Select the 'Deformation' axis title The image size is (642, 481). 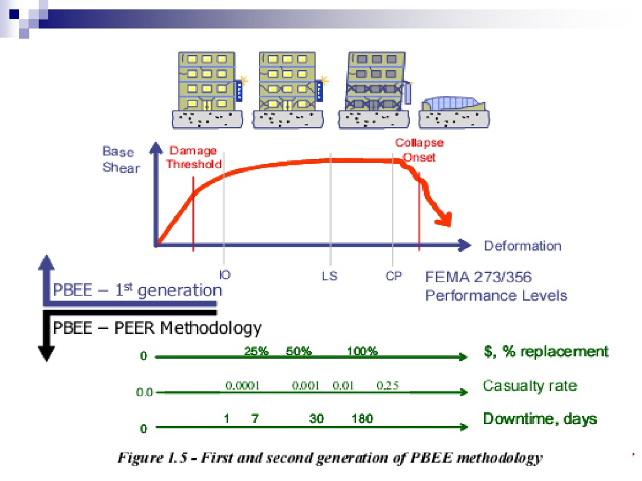pos(522,246)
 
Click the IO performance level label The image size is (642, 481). pos(224,274)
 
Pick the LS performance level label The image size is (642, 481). pos(329,275)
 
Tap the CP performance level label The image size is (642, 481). pos(394,276)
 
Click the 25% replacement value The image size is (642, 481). pos(256,351)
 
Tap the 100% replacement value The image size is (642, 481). pos(362,351)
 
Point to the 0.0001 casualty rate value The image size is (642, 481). pos(242,385)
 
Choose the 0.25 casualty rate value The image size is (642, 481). pos(387,385)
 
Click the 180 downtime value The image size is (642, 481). pos(362,418)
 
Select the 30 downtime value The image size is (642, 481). pos(317,418)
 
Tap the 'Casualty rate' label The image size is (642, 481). pos(530,385)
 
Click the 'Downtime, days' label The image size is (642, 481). pos(539,418)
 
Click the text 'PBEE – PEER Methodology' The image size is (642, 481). pos(157,327)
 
